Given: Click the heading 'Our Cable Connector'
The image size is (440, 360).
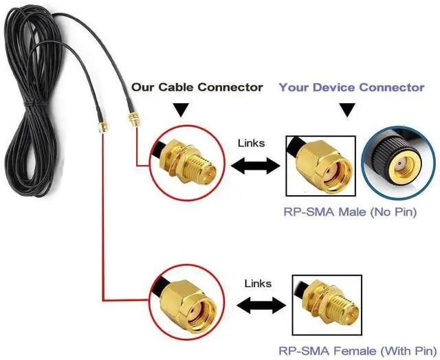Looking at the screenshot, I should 197,87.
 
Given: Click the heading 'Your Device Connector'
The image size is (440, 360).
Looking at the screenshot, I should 351,87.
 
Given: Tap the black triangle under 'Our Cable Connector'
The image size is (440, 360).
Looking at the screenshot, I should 181,110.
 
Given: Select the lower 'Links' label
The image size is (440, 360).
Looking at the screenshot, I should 258,283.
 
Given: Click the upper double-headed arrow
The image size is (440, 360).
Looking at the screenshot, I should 254,166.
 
